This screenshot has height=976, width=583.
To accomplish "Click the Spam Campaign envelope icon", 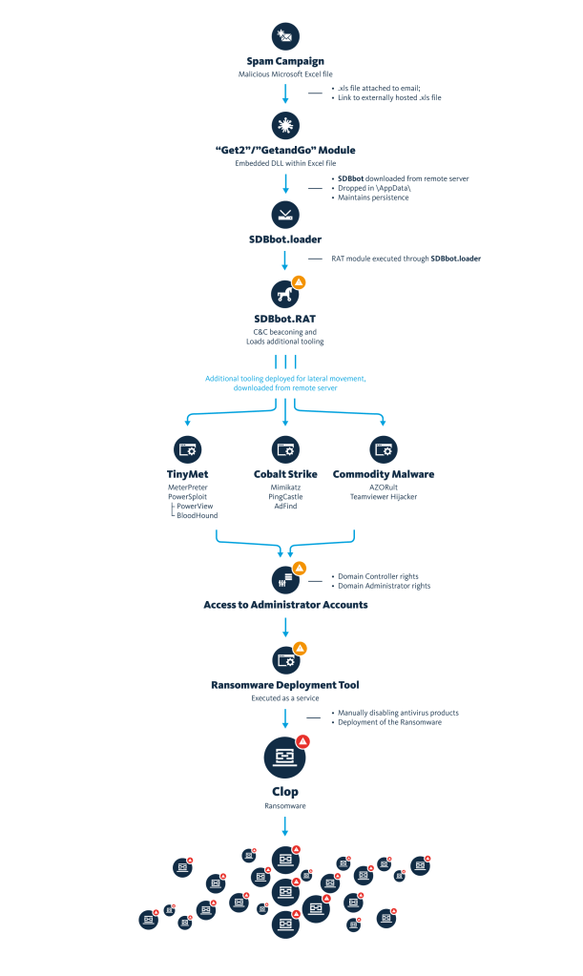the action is (x=285, y=36).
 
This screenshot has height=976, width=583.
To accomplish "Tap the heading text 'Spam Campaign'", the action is (x=285, y=61).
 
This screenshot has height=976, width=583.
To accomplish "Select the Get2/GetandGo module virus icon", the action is (x=285, y=125).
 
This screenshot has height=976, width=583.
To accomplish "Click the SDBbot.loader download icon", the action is (x=285, y=215).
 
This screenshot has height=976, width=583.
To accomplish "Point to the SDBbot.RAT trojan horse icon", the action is (x=284, y=294).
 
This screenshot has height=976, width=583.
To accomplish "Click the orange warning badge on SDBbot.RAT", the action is (x=299, y=282).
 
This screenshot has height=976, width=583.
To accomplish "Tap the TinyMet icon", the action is (x=187, y=449).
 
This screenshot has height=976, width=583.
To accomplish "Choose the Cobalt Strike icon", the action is (x=285, y=449).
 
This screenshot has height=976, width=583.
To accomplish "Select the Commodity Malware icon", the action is (x=384, y=449).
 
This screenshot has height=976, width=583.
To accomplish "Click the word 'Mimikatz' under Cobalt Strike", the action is (x=285, y=488).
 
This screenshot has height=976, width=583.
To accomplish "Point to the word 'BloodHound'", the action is (x=198, y=515).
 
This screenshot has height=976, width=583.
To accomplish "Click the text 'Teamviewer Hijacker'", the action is (x=384, y=497).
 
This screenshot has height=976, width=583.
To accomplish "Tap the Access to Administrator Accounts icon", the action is (x=285, y=580).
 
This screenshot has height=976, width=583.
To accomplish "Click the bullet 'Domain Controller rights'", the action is (x=378, y=576).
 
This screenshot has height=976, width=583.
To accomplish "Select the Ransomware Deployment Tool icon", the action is (x=285, y=660).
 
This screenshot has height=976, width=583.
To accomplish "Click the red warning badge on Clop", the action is (x=303, y=740).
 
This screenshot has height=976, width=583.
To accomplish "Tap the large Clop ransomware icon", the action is (x=285, y=758).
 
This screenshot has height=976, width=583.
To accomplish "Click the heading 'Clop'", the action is (x=285, y=792).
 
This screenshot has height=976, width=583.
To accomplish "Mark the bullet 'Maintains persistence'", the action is (x=373, y=197).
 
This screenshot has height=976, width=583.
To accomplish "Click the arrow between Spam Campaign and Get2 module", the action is (x=285, y=94).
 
